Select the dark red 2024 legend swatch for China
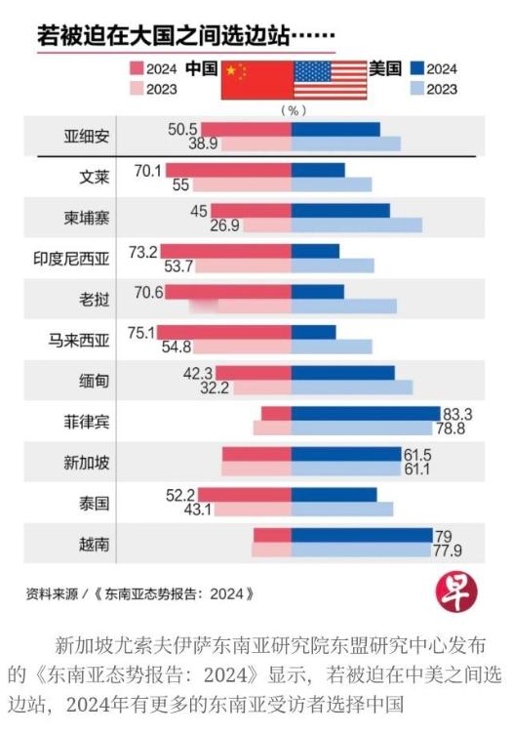(138, 69)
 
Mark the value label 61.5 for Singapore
(419, 454)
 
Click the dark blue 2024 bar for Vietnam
(362, 535)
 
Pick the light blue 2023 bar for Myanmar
(352, 387)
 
